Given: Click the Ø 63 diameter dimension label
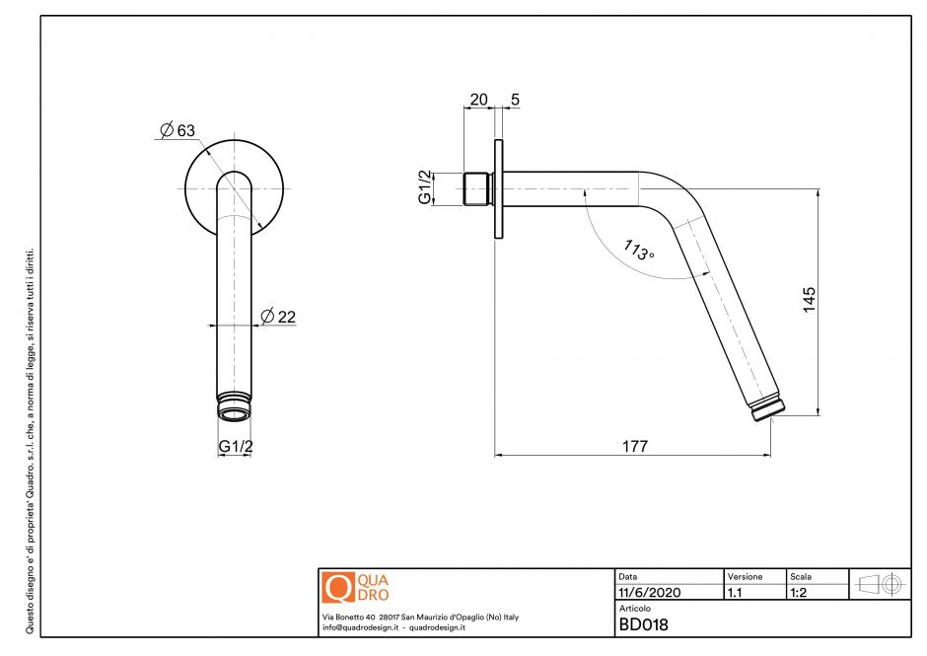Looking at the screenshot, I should [177, 130].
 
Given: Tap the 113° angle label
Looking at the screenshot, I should [637, 249].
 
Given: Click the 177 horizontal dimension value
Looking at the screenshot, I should [634, 447].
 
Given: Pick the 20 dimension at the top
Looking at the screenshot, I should [478, 99].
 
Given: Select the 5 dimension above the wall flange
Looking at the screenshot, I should [515, 99].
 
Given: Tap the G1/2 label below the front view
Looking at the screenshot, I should [236, 446].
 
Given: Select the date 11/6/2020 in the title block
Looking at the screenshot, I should [650, 593].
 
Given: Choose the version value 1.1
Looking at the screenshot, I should [735, 593].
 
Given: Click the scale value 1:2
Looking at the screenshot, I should [800, 593].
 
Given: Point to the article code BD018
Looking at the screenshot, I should [643, 623].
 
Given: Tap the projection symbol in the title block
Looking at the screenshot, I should [880, 584].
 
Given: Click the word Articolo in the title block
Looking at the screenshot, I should [636, 609].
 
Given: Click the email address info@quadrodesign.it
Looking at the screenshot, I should [359, 627].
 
